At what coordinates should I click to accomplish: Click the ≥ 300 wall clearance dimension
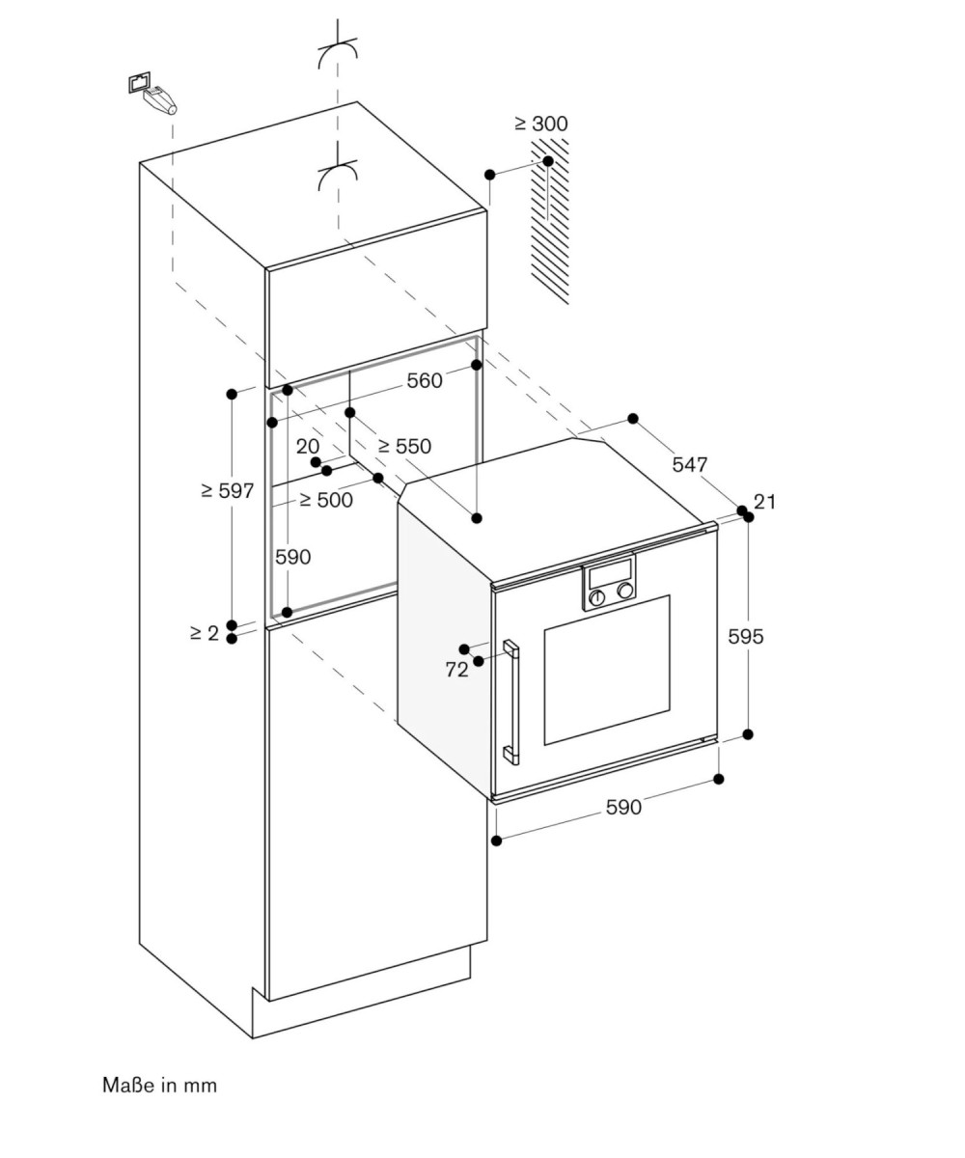point(541,124)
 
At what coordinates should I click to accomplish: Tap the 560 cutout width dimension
point(425,380)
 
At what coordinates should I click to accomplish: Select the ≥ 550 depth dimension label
point(404,446)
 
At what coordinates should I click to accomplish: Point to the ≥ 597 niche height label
point(228,490)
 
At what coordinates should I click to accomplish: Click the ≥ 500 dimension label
point(326,500)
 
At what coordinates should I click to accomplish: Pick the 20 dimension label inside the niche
point(307,446)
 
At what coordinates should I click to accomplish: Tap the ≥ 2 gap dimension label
point(205,633)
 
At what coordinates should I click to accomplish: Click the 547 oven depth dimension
point(690,464)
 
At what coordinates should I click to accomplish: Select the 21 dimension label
point(765,502)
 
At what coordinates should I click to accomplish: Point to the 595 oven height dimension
point(745,636)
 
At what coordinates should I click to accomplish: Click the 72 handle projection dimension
point(456,670)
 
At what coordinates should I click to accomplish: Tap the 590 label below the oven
point(623,807)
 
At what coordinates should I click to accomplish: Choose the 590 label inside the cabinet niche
point(292,556)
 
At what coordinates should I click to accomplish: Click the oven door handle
point(510,703)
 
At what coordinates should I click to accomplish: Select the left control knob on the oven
point(596,597)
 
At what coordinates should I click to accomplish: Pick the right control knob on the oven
point(625,590)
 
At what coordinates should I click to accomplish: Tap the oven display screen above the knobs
point(610,572)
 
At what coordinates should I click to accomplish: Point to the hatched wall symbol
point(550,222)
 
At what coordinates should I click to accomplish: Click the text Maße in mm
point(160,1085)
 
